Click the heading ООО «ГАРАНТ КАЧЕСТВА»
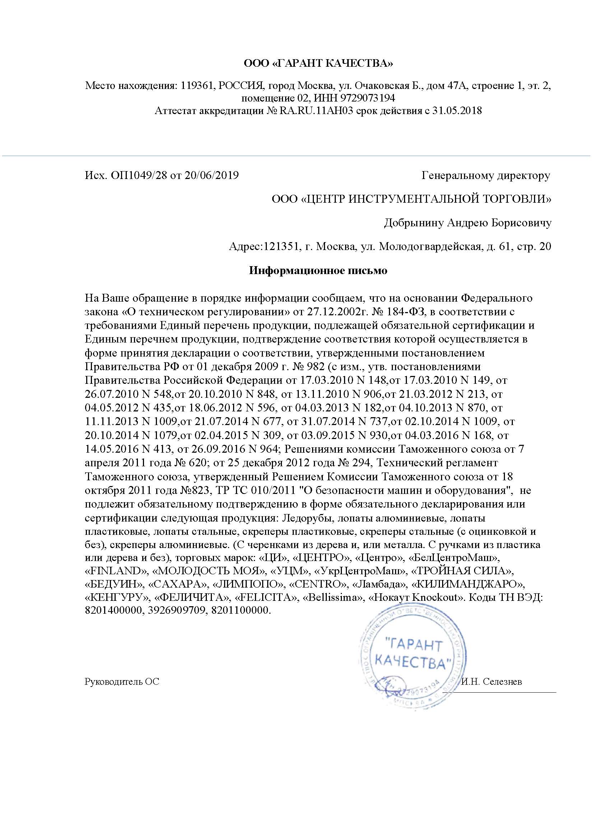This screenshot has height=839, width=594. click(318, 64)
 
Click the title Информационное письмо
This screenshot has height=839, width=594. click(318, 271)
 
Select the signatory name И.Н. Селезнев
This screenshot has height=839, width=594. click(492, 682)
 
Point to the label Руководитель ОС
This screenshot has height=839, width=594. click(122, 682)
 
